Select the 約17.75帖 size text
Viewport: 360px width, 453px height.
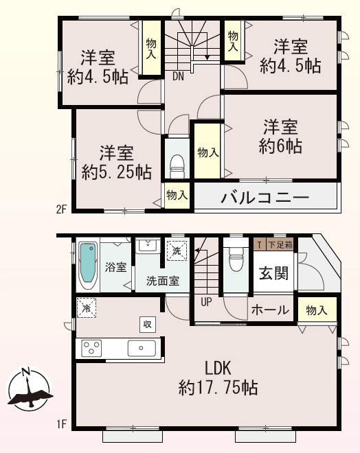(x=218, y=388)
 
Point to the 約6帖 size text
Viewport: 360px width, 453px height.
(x=280, y=146)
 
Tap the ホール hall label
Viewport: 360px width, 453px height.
(x=270, y=310)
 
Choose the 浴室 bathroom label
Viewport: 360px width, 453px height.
(x=115, y=267)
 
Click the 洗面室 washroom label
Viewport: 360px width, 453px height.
(x=162, y=281)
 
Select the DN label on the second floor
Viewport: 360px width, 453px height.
(x=177, y=76)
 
